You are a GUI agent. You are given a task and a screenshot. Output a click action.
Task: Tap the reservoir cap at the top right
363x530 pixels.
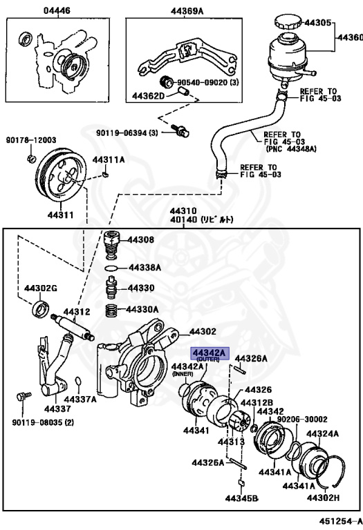tap(288, 23)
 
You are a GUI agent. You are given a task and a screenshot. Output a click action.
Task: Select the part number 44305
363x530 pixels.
tap(317, 23)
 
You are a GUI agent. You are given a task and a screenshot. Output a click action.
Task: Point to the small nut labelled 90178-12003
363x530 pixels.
tap(31, 158)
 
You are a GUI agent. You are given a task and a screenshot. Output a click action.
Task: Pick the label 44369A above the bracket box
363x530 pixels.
tap(187, 12)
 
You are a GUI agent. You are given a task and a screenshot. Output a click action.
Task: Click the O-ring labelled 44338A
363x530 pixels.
tap(111, 268)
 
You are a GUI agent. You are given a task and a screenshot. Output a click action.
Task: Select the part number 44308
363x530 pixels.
tap(141, 239)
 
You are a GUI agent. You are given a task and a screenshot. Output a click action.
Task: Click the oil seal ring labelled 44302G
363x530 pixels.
tap(41, 308)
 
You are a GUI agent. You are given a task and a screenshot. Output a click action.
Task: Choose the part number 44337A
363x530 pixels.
tap(81, 400)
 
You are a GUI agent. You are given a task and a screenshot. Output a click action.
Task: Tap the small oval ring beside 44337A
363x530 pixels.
tap(78, 381)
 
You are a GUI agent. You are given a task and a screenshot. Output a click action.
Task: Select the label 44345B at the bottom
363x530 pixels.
tap(242, 498)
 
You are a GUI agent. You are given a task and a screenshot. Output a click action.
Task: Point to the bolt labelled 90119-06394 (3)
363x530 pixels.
tap(180, 131)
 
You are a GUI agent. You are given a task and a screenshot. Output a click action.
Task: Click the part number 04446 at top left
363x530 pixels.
tap(57, 11)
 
